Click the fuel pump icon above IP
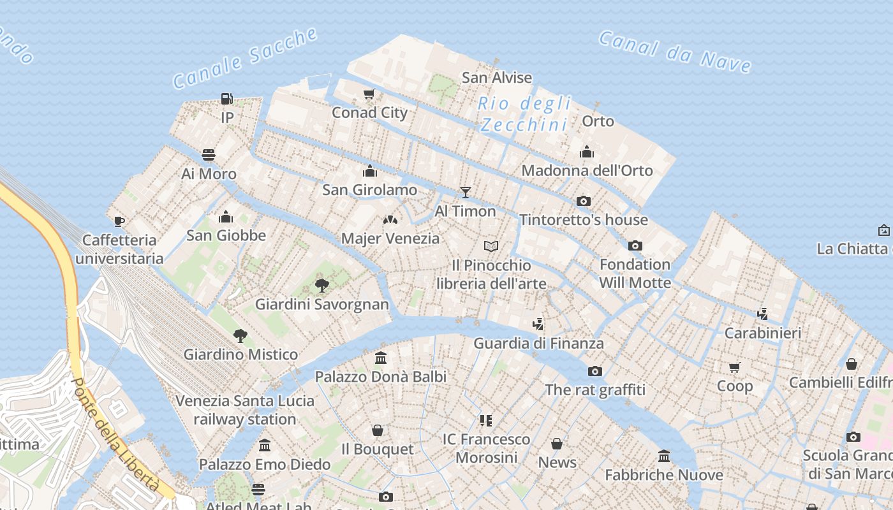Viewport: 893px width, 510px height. point(226,99)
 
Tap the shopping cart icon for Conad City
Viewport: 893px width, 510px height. point(369,95)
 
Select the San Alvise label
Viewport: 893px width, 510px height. point(497,78)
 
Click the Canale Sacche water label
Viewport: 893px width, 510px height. point(245,57)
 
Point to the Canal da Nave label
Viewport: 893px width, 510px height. point(675,51)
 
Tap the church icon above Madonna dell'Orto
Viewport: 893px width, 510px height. point(587,152)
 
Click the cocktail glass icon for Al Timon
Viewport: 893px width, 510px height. point(466,192)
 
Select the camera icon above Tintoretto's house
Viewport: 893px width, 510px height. point(583,201)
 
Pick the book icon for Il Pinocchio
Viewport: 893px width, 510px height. point(491,246)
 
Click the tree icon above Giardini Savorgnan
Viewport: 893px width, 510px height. point(322,285)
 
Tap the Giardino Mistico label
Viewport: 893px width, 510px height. point(240,354)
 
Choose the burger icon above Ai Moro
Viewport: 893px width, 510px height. point(209,155)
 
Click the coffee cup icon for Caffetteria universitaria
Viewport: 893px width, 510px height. point(119,221)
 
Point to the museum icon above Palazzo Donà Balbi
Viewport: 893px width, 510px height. point(381,358)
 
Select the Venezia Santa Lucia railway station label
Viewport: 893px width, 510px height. point(245,410)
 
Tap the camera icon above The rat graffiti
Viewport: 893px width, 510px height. point(594,371)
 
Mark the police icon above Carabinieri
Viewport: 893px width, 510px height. point(762,314)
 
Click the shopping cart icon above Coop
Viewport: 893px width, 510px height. point(735,367)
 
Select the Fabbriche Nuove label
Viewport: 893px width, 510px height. point(664,475)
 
